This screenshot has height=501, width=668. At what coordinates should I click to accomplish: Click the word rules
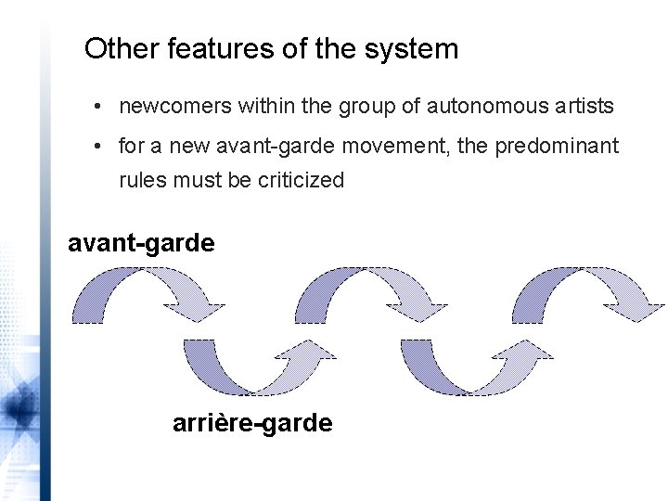140,180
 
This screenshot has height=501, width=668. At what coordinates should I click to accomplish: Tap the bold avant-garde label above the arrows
142,243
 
